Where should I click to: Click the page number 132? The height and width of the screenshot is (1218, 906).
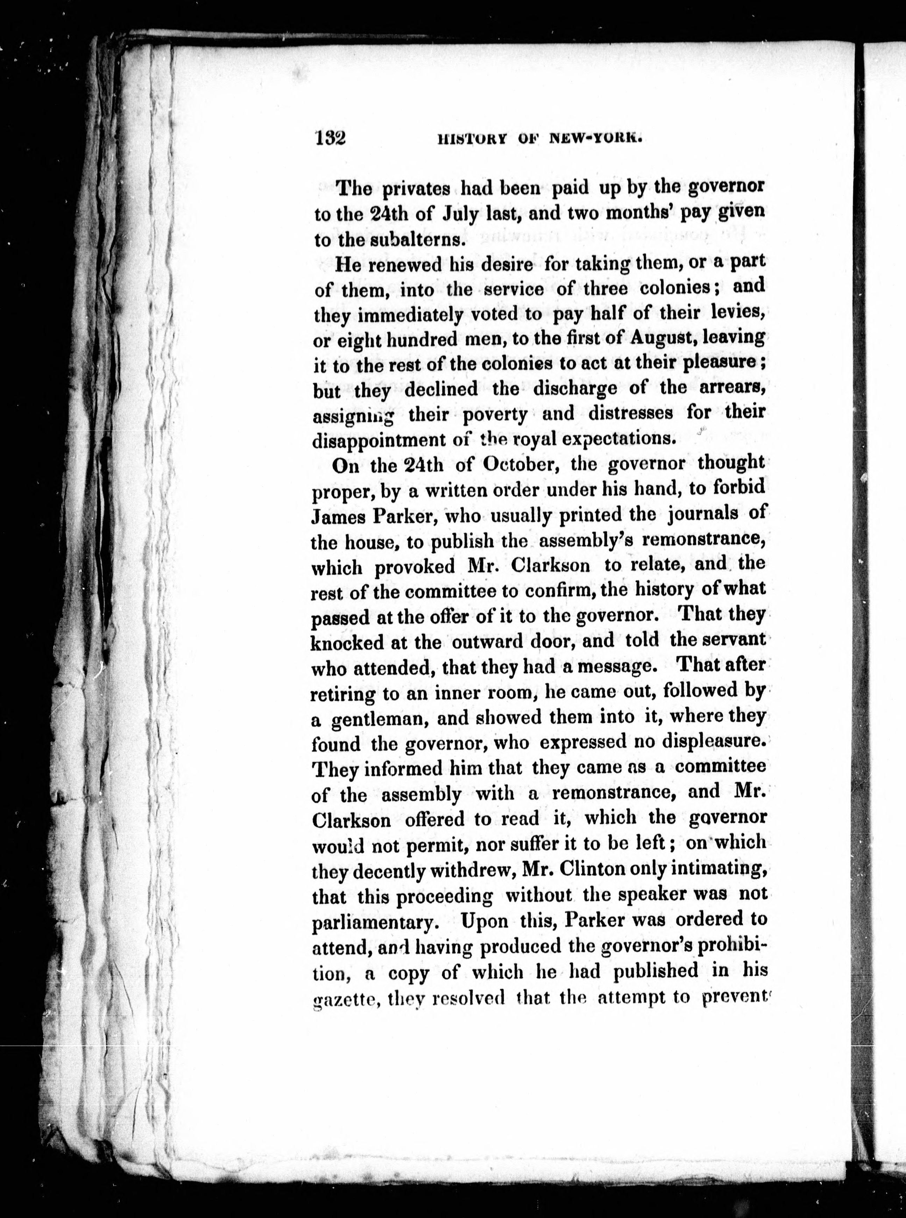[330, 138]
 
